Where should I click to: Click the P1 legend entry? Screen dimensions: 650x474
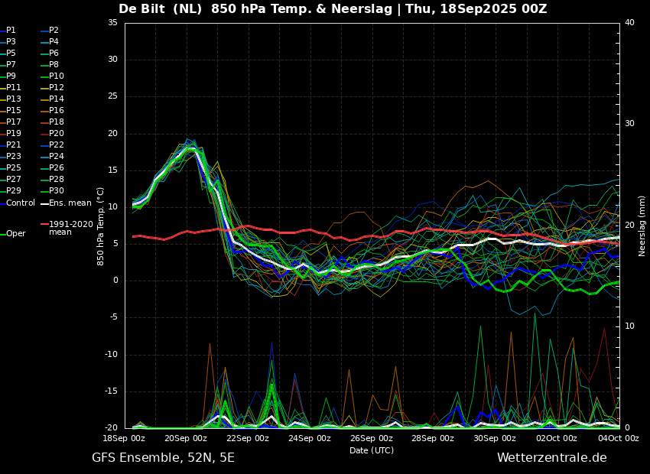8,31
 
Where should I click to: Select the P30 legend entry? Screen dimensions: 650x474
52,190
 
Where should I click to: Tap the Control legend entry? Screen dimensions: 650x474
18,203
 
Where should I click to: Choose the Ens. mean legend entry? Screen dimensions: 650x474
66,203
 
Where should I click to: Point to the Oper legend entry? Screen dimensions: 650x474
13,234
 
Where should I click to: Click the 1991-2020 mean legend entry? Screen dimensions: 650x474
67,228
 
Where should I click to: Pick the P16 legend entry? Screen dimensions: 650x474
52,110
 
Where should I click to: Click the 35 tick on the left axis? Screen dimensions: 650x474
112,22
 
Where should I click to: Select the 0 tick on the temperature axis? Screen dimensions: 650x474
115,281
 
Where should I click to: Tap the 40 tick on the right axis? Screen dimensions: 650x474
629,22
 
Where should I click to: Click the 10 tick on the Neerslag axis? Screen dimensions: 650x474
629,326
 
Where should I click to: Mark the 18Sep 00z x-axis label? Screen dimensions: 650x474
125,438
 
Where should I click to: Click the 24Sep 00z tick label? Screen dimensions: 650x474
310,438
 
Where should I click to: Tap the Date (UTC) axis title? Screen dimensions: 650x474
372,450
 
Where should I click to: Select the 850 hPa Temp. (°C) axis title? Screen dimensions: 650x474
101,226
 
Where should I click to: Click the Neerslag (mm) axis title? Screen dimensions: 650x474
642,226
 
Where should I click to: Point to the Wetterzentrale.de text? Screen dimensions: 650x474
552,458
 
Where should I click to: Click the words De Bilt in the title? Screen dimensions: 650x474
141,8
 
